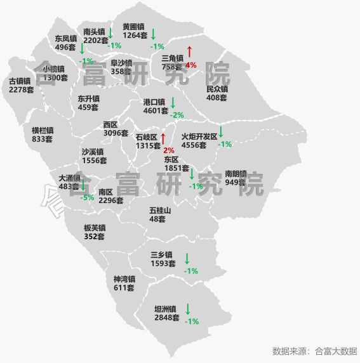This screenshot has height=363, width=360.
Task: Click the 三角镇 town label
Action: point(172,58)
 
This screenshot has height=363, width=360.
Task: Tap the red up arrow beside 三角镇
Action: point(189,52)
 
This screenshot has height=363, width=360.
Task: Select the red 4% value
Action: point(191,65)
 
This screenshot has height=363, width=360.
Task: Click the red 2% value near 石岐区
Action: point(168,150)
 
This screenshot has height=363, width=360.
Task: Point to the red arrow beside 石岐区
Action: point(163,138)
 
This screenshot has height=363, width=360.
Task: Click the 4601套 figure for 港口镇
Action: point(156,110)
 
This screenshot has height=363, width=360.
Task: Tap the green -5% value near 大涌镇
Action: point(88,197)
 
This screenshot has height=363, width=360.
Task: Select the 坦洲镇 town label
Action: point(166,309)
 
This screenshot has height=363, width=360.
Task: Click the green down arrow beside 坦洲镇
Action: point(187,309)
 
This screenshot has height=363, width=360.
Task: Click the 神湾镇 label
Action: point(124,279)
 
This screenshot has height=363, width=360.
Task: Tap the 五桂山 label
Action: point(160,210)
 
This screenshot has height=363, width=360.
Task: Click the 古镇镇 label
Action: point(20,81)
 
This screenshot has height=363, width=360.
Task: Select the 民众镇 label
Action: point(217,89)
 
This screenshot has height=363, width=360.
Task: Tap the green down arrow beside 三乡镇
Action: point(187,258)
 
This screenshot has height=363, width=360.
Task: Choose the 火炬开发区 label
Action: point(199,136)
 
